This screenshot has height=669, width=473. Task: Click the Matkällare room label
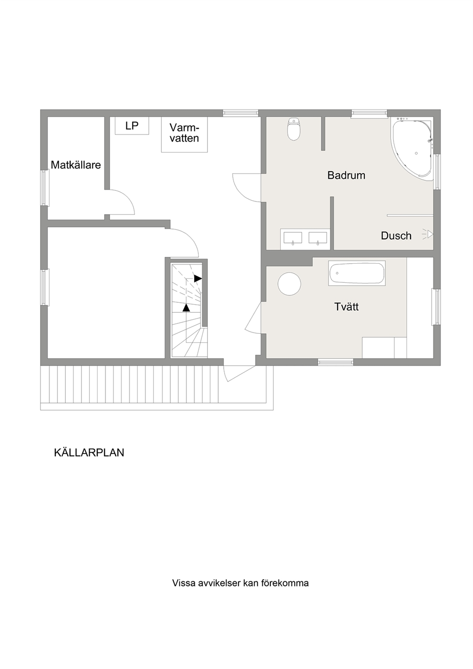coord(76,165)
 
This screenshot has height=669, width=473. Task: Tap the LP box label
coord(132,126)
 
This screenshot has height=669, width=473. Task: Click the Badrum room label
coord(346,175)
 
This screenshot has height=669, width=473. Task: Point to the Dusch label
coord(396,236)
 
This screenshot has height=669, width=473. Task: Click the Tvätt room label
coord(346,307)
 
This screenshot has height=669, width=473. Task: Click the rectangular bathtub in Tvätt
coord(357,273)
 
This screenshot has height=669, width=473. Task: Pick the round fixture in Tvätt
coord(289,284)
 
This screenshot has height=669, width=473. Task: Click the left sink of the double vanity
coord(292,237)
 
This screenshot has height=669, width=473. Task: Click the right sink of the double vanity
coord(318,237)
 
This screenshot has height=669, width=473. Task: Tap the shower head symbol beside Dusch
coord(428,235)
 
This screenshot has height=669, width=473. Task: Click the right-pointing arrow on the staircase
coord(197,278)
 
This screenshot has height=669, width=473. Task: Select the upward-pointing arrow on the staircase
coord(186,308)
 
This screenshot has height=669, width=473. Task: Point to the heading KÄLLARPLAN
coord(89,453)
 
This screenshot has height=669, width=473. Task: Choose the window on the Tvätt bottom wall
coord(336,362)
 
